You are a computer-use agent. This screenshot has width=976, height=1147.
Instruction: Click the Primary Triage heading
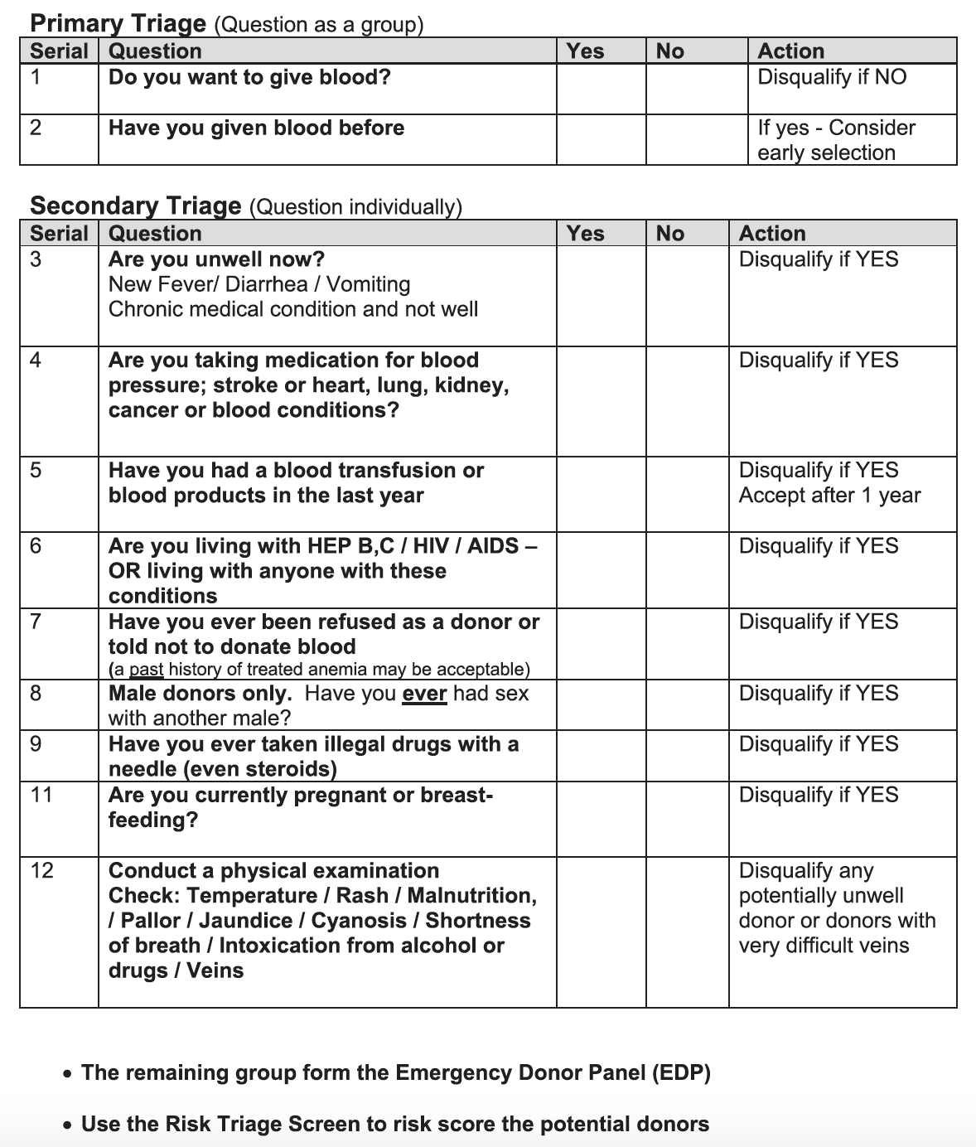118,23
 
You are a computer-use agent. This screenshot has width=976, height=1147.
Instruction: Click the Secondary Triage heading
135,206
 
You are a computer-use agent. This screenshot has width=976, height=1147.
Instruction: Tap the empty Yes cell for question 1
601,89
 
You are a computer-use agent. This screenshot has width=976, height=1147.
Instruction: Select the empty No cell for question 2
696,139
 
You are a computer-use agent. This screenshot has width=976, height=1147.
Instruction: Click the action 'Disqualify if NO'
832,77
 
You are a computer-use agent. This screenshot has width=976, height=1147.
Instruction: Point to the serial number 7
36,622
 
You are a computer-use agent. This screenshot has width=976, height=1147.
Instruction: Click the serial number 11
41,795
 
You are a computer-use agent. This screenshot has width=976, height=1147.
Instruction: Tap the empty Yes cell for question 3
601,296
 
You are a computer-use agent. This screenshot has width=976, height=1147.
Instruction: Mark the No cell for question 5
687,494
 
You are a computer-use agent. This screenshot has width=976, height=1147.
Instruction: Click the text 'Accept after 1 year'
829,496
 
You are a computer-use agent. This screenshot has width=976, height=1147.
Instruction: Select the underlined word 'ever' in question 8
424,694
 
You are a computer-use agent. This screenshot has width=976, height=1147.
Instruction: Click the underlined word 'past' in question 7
146,670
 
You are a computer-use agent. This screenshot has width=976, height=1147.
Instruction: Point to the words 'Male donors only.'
200,694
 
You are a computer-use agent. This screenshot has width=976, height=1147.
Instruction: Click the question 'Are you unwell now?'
216,259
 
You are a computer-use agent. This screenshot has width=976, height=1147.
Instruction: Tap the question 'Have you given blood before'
256,128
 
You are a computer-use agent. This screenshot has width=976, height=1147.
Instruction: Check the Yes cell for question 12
601,932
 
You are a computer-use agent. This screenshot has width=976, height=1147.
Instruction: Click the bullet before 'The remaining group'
67,1074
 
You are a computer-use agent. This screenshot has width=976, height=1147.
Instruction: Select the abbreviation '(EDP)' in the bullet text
680,1073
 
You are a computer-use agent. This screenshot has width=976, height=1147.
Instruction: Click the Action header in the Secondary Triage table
771,234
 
